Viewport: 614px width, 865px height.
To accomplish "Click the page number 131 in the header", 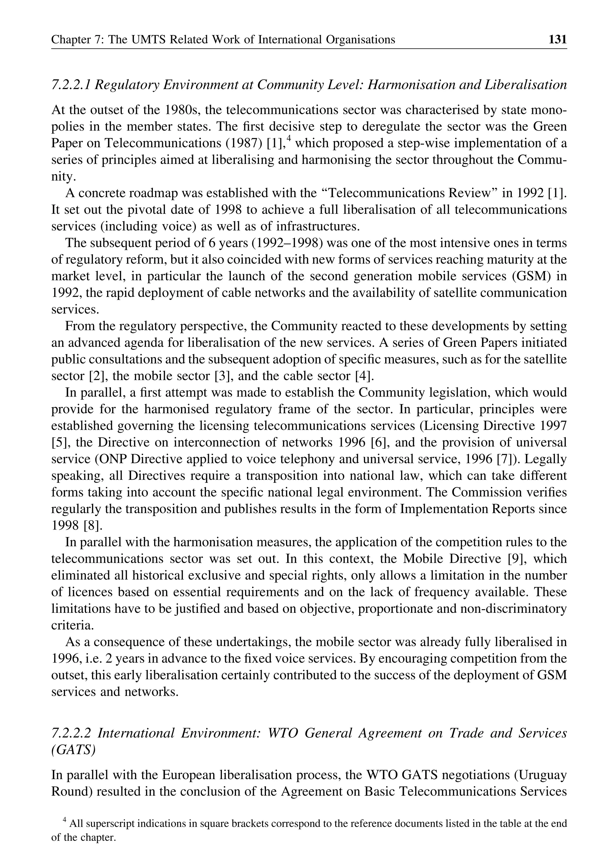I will pos(558,39).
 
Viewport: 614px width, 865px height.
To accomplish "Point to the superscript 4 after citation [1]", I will pos(288,139).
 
